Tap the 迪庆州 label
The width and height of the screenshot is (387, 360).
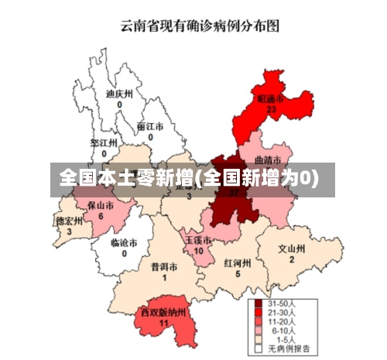119,93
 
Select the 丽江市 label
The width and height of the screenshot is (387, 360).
149,126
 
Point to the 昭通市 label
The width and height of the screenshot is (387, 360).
270,99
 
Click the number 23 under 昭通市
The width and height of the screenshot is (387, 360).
271,110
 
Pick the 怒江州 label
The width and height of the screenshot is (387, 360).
103,143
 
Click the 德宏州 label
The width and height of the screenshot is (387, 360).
69,221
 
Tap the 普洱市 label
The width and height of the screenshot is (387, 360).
164,266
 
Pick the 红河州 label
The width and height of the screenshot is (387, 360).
238,262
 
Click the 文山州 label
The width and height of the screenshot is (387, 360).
292,249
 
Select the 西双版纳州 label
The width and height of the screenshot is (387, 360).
163,312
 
